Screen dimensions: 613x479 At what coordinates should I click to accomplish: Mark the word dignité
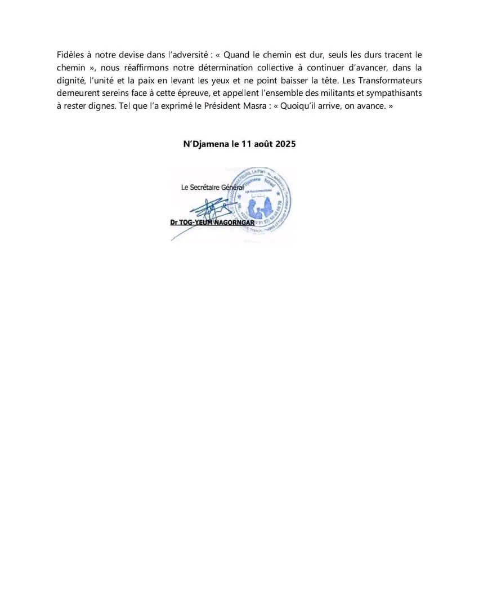[x=71, y=81]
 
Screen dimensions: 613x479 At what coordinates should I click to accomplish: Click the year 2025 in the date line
[x=286, y=144]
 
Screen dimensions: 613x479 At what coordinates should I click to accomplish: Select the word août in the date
[x=262, y=144]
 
